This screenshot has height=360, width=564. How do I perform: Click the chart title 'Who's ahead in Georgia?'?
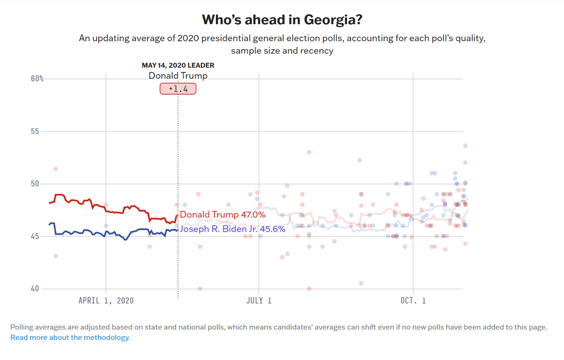(281, 20)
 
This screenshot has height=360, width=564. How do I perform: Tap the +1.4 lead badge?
(178, 89)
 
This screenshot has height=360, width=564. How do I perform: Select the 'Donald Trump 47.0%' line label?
(223, 215)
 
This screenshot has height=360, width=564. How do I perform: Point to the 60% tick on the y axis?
(37, 78)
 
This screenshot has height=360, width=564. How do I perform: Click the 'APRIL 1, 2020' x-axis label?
(106, 301)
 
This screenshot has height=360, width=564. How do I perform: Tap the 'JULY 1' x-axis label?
(259, 301)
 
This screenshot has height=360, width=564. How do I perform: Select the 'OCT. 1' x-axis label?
(413, 301)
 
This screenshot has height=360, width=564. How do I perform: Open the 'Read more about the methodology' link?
(70, 338)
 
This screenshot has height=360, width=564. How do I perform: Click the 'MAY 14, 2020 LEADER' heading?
(178, 66)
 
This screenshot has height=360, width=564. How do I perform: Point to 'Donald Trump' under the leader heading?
(178, 76)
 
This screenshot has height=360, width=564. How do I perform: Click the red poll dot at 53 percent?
(309, 152)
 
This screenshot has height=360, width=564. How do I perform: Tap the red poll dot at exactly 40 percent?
(309, 289)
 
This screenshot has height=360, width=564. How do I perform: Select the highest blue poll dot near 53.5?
(466, 146)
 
